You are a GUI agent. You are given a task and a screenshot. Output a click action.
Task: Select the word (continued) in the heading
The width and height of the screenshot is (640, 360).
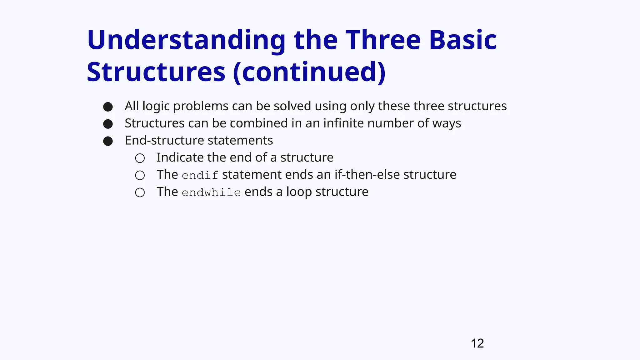(x=309, y=72)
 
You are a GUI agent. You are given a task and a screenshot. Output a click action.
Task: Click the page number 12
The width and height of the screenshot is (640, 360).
(x=477, y=343)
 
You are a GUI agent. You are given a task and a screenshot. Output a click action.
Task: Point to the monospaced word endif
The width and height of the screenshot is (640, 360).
(x=200, y=175)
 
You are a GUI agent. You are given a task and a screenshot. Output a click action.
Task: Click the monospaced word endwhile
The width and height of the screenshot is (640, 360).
(x=211, y=192)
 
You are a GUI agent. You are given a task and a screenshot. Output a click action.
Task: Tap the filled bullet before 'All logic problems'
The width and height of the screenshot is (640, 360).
(x=108, y=107)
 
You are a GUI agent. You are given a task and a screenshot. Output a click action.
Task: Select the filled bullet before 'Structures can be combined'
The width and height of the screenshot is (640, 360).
(x=108, y=124)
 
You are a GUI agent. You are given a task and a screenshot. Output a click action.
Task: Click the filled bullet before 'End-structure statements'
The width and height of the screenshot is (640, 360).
(x=108, y=141)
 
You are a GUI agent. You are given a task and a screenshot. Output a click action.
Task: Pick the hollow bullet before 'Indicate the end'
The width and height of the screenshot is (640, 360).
(x=140, y=158)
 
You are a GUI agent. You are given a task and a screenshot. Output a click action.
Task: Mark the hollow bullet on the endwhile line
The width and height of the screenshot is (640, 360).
(x=140, y=192)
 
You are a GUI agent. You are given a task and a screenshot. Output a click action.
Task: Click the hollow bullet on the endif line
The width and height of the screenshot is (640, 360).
(x=140, y=175)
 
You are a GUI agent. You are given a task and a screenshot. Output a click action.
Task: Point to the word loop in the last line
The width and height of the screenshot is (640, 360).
(x=299, y=192)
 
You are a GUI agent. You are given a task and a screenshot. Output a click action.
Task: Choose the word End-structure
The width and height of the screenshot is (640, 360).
(x=164, y=140)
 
